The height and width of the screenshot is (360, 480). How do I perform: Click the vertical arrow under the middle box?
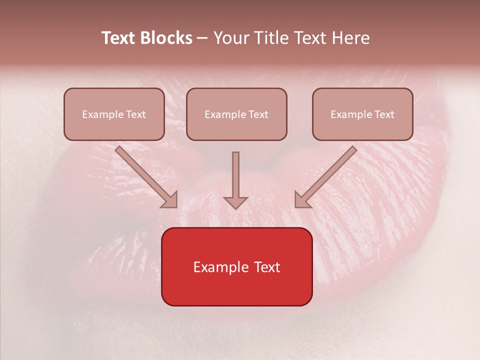[x=235, y=177]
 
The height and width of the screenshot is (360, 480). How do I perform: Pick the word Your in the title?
[x=230, y=38]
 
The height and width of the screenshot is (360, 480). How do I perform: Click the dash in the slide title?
[x=202, y=38]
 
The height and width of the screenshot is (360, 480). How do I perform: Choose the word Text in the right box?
[x=384, y=114]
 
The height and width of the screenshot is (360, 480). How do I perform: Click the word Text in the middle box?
[x=258, y=114]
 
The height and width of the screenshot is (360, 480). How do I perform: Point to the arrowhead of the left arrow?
[x=170, y=200]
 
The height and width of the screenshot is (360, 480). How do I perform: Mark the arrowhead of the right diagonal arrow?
[x=301, y=200]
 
